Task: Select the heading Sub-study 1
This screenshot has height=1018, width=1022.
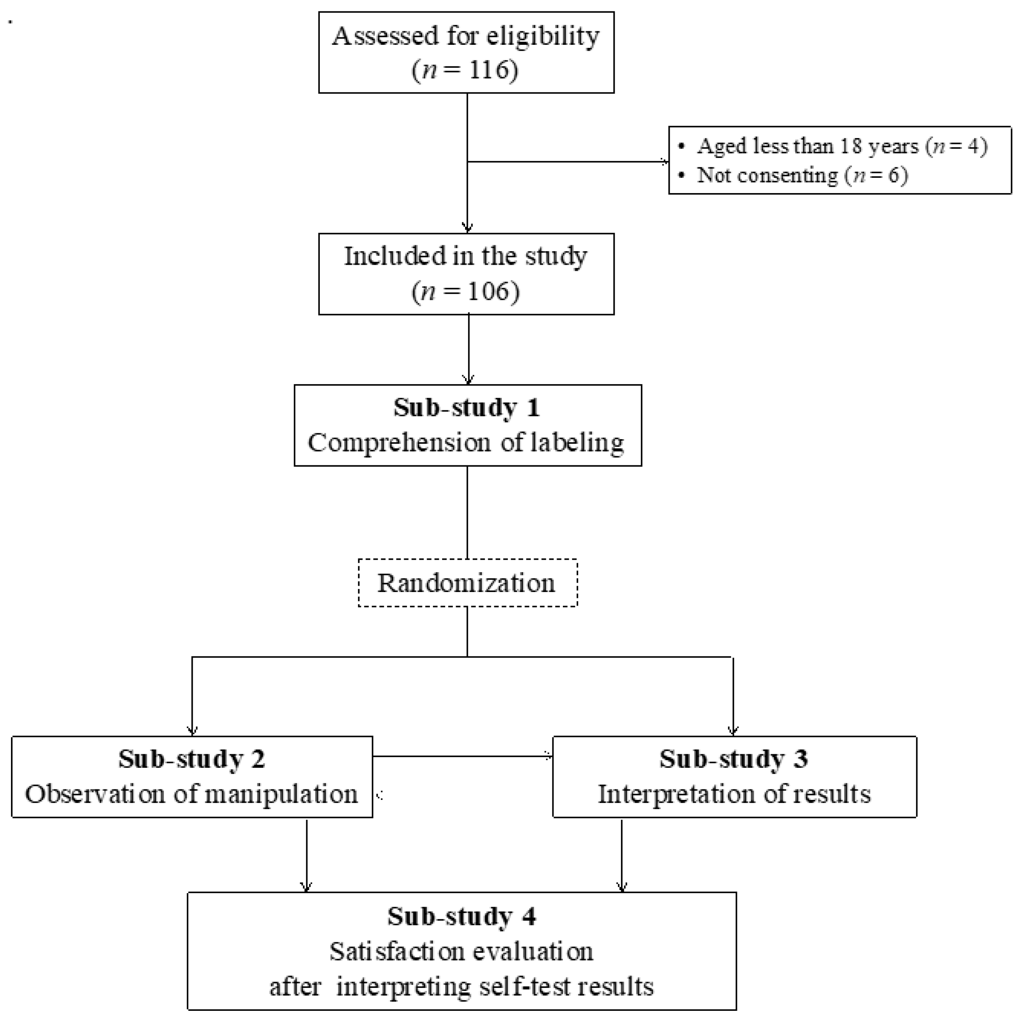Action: [467, 408]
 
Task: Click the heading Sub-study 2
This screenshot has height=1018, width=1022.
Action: [191, 759]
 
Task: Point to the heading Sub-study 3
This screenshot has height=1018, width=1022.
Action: [734, 759]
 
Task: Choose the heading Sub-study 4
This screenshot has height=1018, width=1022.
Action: [461, 916]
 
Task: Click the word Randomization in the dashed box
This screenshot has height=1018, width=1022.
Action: [467, 583]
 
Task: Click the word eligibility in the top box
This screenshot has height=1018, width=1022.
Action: [543, 36]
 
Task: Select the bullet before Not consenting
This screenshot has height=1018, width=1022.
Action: [682, 174]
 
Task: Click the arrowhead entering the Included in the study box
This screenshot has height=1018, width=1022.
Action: [467, 228]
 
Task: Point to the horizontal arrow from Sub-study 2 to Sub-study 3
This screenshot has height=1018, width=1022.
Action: [463, 756]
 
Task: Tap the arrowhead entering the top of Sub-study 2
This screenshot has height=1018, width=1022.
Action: [192, 731]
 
